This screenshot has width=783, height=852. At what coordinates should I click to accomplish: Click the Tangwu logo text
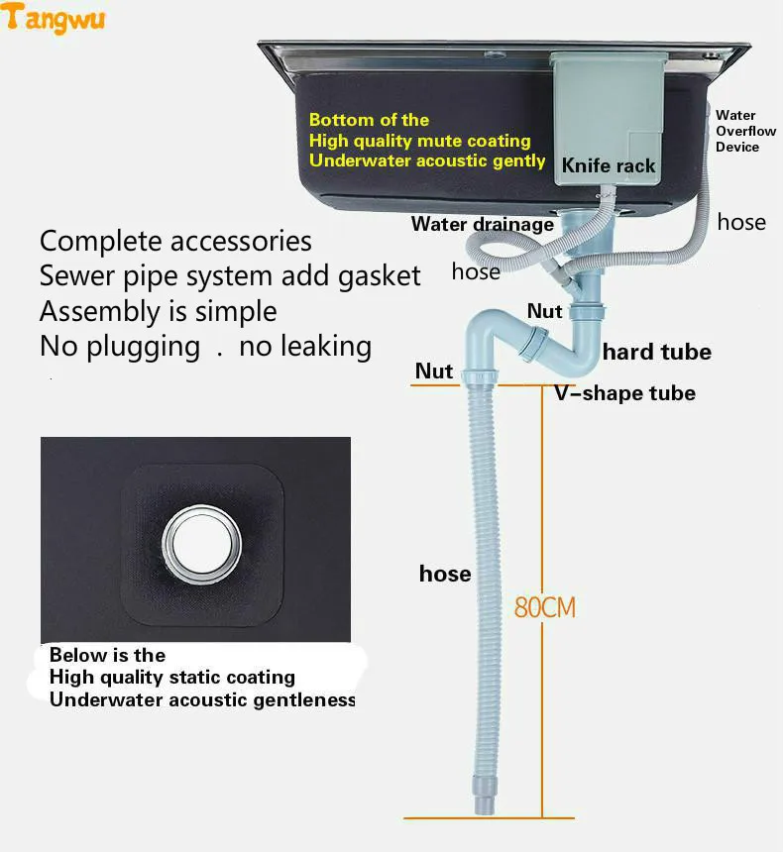56,19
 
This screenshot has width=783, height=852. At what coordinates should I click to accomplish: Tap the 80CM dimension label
544,606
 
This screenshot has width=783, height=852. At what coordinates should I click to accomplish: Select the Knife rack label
609,165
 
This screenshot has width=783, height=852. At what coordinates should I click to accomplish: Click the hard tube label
656,352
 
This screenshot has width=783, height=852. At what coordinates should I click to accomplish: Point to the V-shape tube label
624,393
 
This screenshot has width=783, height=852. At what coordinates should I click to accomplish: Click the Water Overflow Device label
744,131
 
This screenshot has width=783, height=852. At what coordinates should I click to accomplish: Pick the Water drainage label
483,224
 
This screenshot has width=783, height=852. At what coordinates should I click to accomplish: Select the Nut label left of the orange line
434,372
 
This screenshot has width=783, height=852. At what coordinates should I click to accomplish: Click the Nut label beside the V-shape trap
544,311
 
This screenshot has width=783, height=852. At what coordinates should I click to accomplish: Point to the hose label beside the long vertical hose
445,574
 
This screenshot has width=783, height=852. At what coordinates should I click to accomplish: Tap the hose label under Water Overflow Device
741,222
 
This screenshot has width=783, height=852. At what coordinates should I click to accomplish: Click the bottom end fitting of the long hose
484,799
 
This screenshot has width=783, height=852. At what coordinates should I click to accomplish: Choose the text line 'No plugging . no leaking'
205,347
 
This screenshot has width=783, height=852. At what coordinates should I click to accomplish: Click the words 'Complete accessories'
175,241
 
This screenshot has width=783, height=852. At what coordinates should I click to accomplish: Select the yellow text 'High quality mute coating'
419,141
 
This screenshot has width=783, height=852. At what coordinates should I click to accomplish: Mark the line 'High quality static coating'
172,678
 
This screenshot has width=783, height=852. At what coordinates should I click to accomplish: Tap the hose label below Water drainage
476,271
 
